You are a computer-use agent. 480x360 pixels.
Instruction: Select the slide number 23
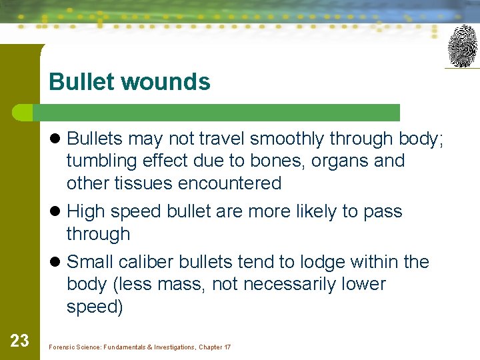pyautogui.click(x=19, y=341)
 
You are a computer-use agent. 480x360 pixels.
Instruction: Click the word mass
pyautogui.click(x=183, y=284)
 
